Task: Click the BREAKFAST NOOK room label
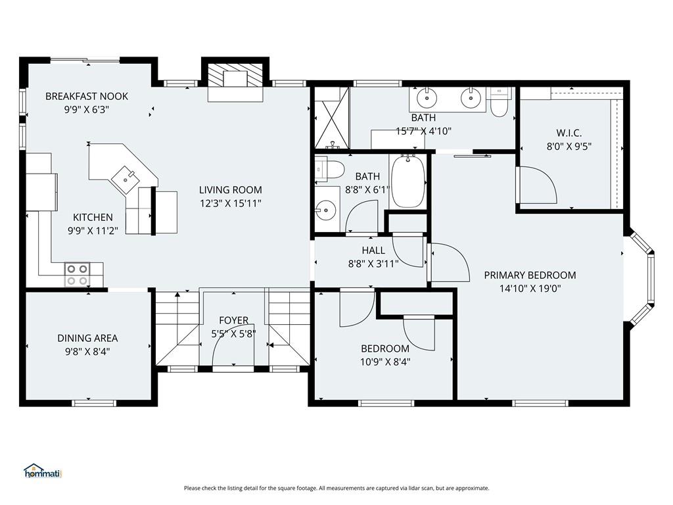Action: [x=87, y=96]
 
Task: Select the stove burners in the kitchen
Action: [x=78, y=274]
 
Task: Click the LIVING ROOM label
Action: [x=231, y=190]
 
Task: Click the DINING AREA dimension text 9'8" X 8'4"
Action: [x=87, y=352]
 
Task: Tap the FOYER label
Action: [x=233, y=320]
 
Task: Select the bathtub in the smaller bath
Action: [x=407, y=181]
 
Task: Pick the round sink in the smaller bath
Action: [x=326, y=210]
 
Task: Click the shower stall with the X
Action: [x=332, y=117]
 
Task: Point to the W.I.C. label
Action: [x=569, y=133]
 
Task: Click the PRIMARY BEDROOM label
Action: [x=530, y=276]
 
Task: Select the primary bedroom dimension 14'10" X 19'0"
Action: [x=530, y=289]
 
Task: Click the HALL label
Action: [x=373, y=251]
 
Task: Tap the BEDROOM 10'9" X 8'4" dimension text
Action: [x=385, y=362]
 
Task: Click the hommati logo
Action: [x=43, y=471]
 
